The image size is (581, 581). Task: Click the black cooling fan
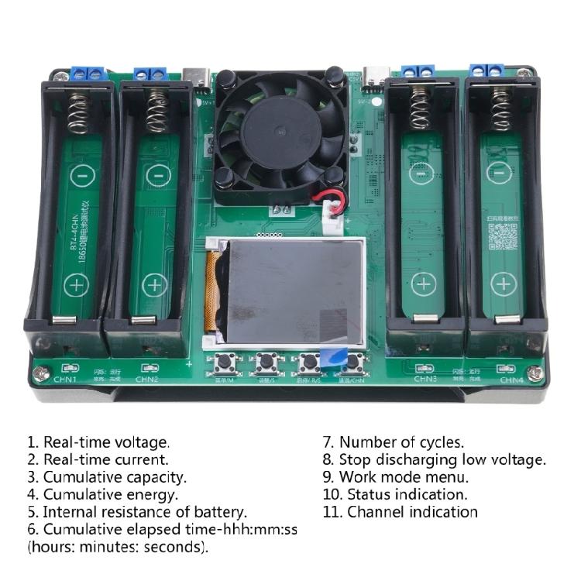(280, 136)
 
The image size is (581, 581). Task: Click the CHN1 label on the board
(66, 380)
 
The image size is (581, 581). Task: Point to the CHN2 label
(147, 380)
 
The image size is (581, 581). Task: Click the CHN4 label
(511, 380)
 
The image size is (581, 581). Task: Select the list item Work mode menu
(404, 477)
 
